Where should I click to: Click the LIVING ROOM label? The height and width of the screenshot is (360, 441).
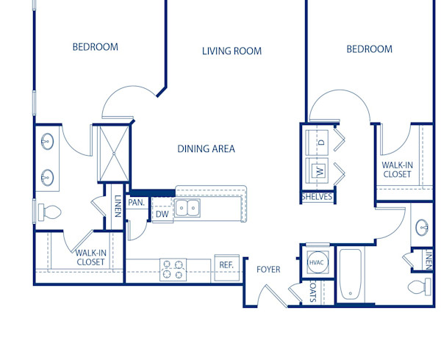pos(232,51)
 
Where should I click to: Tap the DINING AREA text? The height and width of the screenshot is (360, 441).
pos(206,149)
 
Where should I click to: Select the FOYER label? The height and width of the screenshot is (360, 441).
pos(268,270)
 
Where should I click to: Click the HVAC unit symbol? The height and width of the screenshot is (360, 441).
pos(317,262)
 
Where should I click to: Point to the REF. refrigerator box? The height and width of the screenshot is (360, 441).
pos(225,265)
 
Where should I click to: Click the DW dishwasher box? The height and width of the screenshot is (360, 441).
pos(162,215)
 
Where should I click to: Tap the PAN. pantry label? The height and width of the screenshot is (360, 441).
pos(137,202)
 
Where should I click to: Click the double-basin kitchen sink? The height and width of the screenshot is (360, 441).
pos(188,208)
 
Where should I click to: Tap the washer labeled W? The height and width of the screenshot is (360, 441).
pos(320,171)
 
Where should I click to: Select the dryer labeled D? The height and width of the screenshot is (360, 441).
pos(321,141)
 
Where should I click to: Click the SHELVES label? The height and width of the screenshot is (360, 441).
pos(317,197)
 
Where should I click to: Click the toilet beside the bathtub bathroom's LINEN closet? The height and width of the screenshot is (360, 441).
pos(421,287)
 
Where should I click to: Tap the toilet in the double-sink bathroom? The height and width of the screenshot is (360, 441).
pos(50,213)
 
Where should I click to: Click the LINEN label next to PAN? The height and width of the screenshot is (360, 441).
pos(118,206)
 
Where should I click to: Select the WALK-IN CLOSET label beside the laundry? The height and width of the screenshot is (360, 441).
pos(397,170)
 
